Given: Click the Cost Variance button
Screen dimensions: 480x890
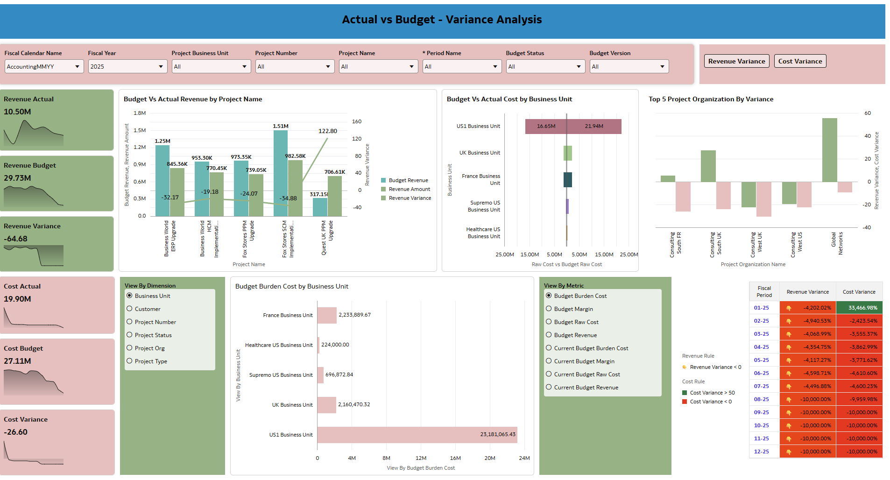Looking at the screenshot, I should [800, 61].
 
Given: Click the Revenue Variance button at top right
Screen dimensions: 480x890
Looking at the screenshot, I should [736, 61].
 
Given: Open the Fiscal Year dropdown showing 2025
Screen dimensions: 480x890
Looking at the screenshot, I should [127, 67].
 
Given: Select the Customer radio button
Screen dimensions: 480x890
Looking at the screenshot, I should [130, 309].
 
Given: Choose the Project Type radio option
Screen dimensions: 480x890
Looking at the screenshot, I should [130, 361].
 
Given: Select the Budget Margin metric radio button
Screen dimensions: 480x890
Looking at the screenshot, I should [549, 309].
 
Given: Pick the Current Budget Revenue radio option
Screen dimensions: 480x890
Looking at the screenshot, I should [549, 387].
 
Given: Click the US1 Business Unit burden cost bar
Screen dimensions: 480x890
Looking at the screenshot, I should [417, 435].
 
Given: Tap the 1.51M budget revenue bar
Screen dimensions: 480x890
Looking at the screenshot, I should [280, 173].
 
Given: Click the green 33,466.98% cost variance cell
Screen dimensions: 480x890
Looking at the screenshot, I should [859, 308].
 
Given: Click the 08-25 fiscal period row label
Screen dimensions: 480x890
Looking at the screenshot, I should [761, 399].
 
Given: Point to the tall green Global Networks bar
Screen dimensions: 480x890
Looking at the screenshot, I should [829, 149].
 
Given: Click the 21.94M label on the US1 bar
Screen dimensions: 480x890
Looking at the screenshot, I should [594, 127].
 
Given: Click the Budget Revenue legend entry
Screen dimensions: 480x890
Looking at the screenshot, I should [408, 180].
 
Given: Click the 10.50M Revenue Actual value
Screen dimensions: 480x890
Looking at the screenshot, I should [17, 112].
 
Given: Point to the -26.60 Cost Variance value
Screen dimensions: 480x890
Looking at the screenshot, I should [16, 432].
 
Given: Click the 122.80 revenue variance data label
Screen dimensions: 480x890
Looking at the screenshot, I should [327, 131].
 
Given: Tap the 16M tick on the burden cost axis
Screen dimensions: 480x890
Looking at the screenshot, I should [455, 458].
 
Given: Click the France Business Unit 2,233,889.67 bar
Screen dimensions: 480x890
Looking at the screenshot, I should [327, 315].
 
